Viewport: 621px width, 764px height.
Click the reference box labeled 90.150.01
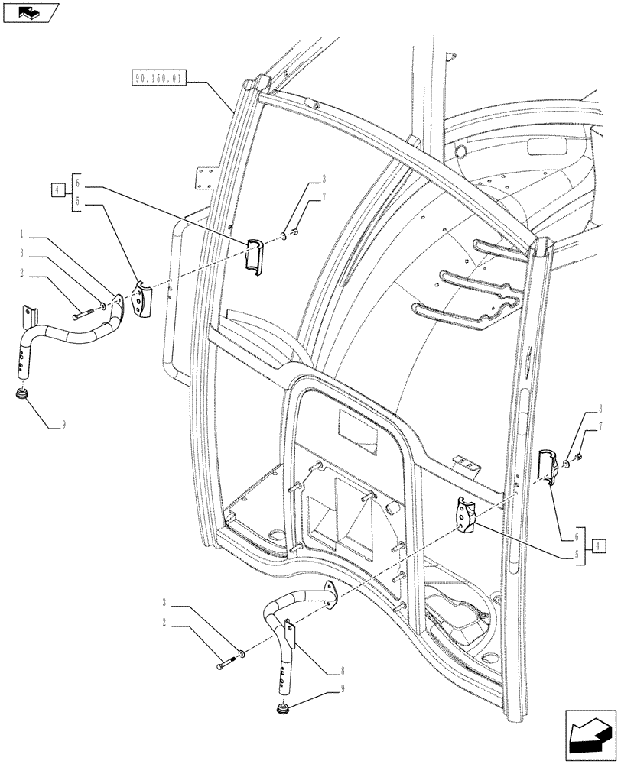pos(157,76)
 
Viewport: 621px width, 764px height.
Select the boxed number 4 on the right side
pos(599,545)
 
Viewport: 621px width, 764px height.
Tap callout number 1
pos(25,232)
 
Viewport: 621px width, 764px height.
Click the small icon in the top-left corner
pos(28,12)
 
